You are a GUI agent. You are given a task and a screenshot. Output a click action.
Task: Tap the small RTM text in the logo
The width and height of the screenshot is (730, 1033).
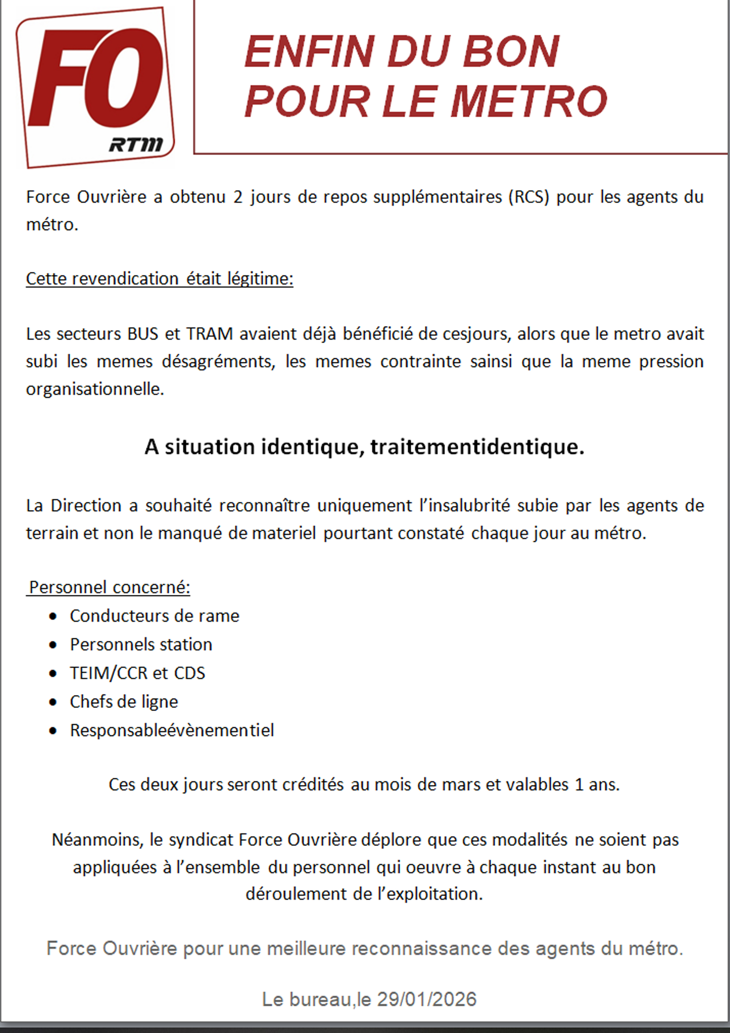(135, 145)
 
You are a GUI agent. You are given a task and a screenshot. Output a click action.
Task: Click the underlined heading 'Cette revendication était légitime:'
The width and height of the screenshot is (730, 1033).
(160, 279)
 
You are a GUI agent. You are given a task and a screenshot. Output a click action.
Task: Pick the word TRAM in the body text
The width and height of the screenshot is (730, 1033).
(210, 334)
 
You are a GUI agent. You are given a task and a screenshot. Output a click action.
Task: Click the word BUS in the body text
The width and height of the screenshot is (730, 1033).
(142, 334)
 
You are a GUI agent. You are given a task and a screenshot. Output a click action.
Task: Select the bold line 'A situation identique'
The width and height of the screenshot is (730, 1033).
(364, 447)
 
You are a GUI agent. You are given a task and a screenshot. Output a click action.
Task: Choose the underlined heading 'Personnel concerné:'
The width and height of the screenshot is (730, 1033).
(109, 587)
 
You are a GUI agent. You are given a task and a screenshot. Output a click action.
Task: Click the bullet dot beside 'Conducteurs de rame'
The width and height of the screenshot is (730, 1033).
(53, 616)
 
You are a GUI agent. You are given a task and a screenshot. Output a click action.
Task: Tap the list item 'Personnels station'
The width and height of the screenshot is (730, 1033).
(141, 645)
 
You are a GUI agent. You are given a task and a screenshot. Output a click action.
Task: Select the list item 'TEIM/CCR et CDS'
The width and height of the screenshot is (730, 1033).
(137, 673)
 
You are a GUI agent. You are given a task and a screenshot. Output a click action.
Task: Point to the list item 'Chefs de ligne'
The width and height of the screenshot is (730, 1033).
(124, 702)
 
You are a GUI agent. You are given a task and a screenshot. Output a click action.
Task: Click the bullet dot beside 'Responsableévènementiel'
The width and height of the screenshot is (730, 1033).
(53, 731)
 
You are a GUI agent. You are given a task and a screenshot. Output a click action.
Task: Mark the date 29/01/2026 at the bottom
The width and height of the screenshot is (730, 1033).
(427, 999)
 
